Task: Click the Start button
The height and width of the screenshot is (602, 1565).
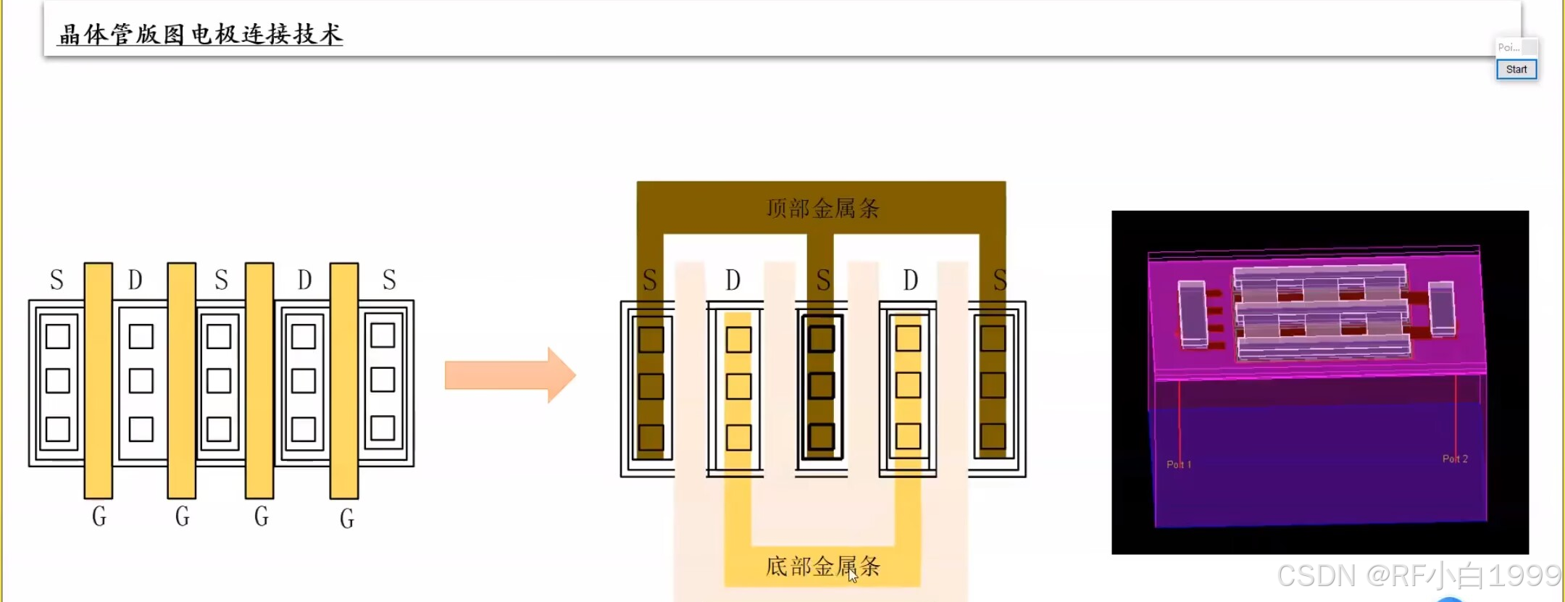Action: tap(1516, 70)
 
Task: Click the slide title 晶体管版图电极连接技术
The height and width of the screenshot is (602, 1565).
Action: tap(201, 34)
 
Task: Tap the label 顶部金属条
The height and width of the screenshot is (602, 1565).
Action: tap(823, 209)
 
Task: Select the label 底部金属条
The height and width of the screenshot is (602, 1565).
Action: tap(823, 566)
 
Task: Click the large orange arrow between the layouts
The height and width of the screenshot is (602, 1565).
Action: tap(510, 375)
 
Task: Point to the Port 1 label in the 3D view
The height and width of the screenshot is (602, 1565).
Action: tap(1179, 464)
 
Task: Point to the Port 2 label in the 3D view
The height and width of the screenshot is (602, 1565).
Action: tap(1455, 459)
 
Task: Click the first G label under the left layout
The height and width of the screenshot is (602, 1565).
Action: tap(99, 517)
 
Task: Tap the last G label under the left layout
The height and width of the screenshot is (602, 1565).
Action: tap(347, 519)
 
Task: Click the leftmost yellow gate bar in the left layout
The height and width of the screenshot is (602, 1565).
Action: tap(99, 380)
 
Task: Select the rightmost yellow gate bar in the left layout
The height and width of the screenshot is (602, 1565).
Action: tap(344, 380)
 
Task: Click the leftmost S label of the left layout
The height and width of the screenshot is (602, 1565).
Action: tap(57, 280)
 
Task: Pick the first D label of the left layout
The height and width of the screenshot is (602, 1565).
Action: tap(135, 280)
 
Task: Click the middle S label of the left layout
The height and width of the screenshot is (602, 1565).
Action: tap(222, 280)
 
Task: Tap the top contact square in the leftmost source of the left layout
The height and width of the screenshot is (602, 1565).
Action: tap(58, 337)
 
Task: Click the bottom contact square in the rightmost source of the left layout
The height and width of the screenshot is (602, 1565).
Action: tap(383, 428)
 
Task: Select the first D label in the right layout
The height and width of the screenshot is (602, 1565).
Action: tap(733, 280)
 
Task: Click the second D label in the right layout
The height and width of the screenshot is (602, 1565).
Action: tap(911, 280)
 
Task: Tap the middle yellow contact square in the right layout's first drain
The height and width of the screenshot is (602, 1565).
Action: tap(738, 386)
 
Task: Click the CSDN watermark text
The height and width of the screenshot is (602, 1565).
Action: tap(1418, 576)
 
